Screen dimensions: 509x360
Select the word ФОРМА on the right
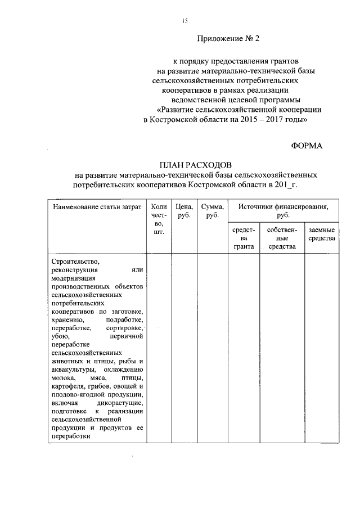[x=307, y=145]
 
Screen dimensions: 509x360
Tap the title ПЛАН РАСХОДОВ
[x=195, y=165]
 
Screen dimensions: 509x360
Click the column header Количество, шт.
[x=159, y=219]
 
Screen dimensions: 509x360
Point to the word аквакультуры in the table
[x=72, y=370]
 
